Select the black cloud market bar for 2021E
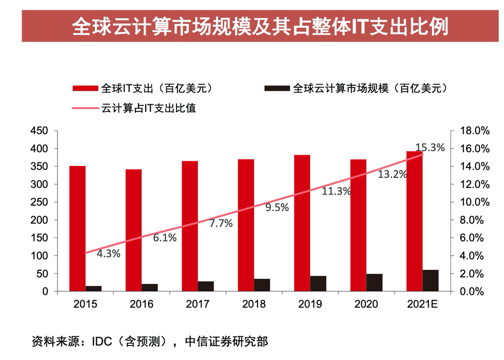[430, 280]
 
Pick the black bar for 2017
[206, 286]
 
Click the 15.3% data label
[429, 148]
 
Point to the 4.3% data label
[108, 254]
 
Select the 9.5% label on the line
[277, 207]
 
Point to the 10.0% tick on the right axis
[475, 202]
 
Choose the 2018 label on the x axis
[254, 304]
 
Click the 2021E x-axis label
[422, 304]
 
